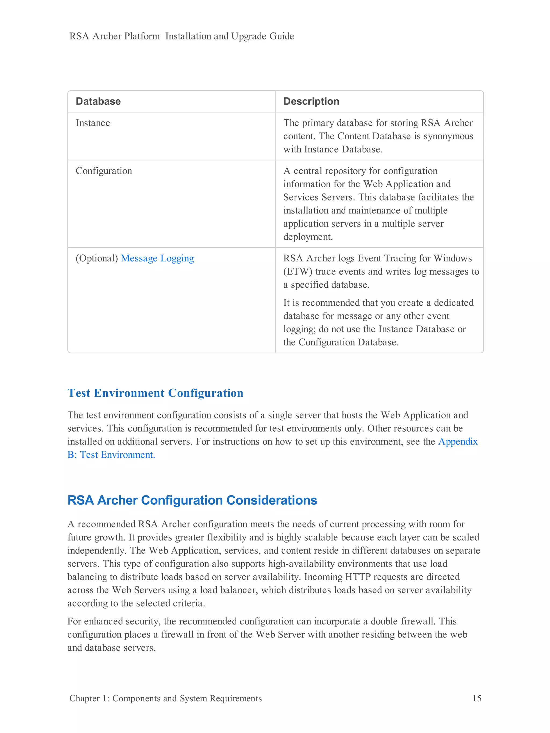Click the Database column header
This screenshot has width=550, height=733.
[98, 101]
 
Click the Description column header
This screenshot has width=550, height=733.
[311, 101]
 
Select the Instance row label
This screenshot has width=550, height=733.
[93, 123]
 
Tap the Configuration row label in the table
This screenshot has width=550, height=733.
[104, 171]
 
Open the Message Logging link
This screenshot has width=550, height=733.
[157, 258]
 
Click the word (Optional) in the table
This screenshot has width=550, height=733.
[97, 258]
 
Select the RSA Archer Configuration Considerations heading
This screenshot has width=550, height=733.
[192, 500]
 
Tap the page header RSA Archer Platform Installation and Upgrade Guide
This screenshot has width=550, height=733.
[182, 36]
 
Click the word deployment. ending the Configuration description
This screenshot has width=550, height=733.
[308, 237]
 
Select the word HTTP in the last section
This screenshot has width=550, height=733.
[358, 577]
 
